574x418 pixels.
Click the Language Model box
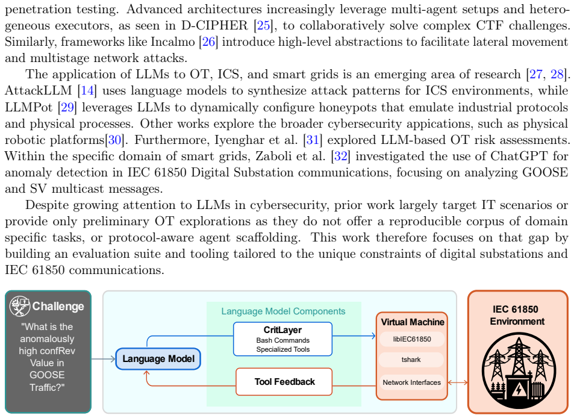[x=158, y=359]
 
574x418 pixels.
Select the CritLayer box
[x=282, y=339]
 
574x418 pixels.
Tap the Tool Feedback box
[x=284, y=382]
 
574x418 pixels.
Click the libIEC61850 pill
[x=412, y=339]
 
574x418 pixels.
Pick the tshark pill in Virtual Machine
[x=411, y=360]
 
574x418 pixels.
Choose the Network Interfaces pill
[x=412, y=382]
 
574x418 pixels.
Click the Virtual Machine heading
[x=413, y=322]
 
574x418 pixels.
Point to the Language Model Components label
[x=283, y=311]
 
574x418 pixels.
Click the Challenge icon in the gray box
[x=20, y=306]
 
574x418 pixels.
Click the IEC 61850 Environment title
[x=517, y=316]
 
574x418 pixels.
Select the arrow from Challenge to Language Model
[x=103, y=359]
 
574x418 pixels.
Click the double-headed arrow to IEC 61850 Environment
[x=458, y=382]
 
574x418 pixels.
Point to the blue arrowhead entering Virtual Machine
[x=373, y=335]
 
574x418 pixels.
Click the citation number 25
[x=264, y=25]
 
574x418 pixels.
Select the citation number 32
[x=341, y=156]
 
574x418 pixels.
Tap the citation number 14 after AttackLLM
[x=87, y=91]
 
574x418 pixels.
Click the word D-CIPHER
[x=214, y=25]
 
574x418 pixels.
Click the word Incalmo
[x=173, y=42]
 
